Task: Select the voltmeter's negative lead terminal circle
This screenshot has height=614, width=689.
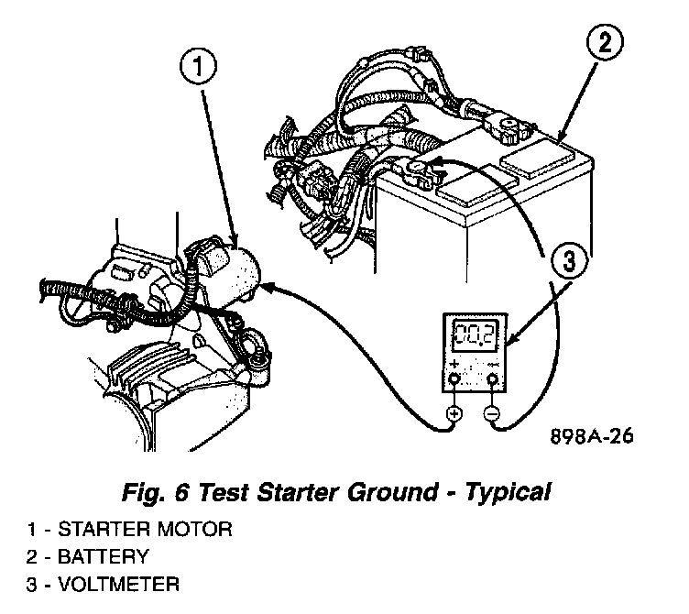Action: [x=492, y=414]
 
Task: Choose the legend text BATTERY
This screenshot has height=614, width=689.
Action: [x=100, y=557]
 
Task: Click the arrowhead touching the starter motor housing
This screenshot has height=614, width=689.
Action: [x=268, y=287]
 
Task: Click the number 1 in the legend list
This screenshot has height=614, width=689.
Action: [x=31, y=530]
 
